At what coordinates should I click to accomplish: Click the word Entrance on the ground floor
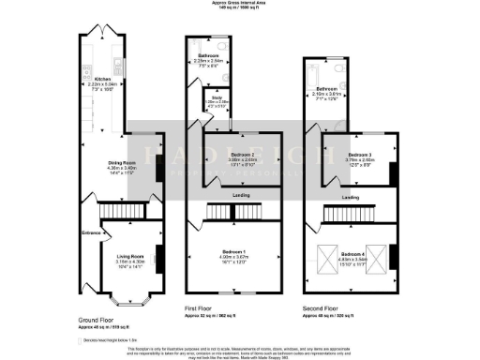tap(91, 232)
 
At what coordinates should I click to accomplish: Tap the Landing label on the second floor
tap(352, 198)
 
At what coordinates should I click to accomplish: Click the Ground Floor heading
tap(98, 319)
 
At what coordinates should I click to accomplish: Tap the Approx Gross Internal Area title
tap(239, 4)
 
